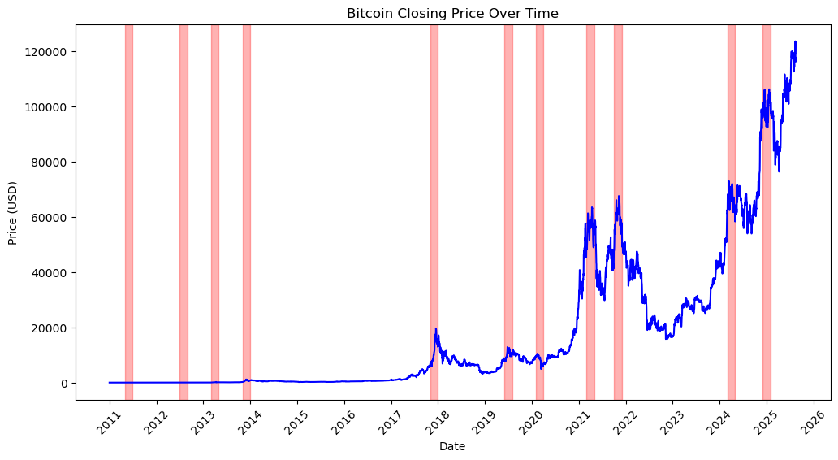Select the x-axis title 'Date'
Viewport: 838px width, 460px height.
tap(452, 446)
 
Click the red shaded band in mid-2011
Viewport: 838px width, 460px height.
tap(128, 212)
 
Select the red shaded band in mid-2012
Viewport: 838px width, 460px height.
tap(184, 212)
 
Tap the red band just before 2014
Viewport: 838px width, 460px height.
tap(246, 212)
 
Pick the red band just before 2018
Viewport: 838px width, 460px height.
tap(434, 212)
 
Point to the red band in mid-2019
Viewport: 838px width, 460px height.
tap(508, 212)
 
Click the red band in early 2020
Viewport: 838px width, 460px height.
tap(539, 212)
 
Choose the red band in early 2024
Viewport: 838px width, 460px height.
tap(731, 212)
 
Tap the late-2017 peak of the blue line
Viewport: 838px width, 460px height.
tap(436, 329)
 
